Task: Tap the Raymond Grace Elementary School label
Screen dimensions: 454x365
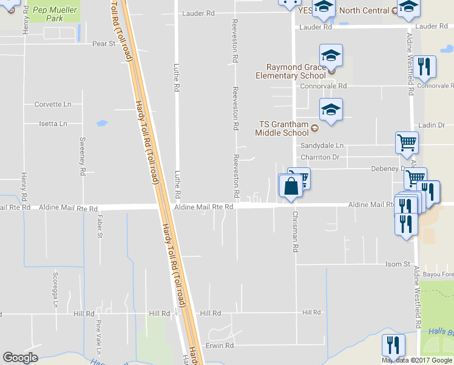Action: tap(296, 71)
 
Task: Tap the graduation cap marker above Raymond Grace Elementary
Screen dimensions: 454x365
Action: tap(331, 56)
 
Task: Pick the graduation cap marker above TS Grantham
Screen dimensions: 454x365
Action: tap(331, 111)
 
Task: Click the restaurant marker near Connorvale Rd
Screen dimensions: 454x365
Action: tap(424, 67)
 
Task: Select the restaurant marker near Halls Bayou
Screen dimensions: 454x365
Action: tap(393, 346)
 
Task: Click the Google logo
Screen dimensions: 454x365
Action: tap(20, 358)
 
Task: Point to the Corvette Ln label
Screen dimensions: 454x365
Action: tap(53, 105)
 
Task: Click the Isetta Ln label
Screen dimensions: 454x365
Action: tap(53, 123)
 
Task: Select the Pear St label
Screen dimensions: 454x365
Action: tap(103, 44)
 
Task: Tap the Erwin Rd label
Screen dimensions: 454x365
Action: tap(220, 346)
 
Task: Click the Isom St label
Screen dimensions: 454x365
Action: tap(398, 264)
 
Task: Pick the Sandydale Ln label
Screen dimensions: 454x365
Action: tap(322, 146)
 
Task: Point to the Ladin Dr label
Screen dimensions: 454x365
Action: tap(432, 125)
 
